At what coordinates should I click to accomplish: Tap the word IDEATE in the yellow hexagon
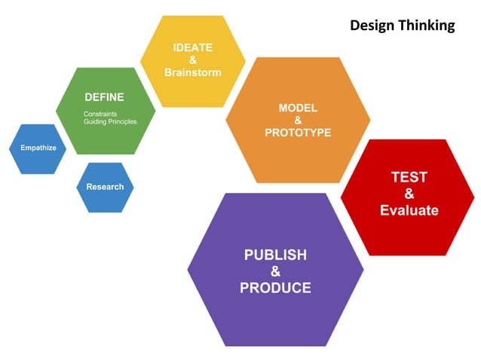pyautogui.click(x=192, y=48)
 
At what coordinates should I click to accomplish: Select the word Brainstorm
pyautogui.click(x=192, y=72)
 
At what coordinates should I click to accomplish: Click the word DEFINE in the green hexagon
pyautogui.click(x=104, y=97)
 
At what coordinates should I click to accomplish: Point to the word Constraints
pyautogui.click(x=101, y=114)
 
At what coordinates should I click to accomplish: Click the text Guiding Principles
pyautogui.click(x=110, y=121)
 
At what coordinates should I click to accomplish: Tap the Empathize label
pyautogui.click(x=38, y=148)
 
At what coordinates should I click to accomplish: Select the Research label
pyautogui.click(x=105, y=187)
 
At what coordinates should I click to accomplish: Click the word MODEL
pyautogui.click(x=298, y=108)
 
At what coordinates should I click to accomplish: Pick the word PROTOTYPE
pyautogui.click(x=298, y=133)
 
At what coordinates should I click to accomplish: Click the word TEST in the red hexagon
pyautogui.click(x=409, y=178)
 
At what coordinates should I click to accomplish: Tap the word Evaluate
pyautogui.click(x=409, y=210)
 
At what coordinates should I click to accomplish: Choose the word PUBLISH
pyautogui.click(x=275, y=255)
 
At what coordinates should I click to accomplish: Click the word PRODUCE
pyautogui.click(x=275, y=288)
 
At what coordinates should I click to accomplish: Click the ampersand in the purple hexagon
pyautogui.click(x=275, y=271)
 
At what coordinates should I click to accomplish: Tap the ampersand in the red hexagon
pyautogui.click(x=409, y=194)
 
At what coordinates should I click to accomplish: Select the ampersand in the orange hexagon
pyautogui.click(x=298, y=121)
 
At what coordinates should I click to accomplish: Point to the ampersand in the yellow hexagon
pyautogui.click(x=192, y=60)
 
